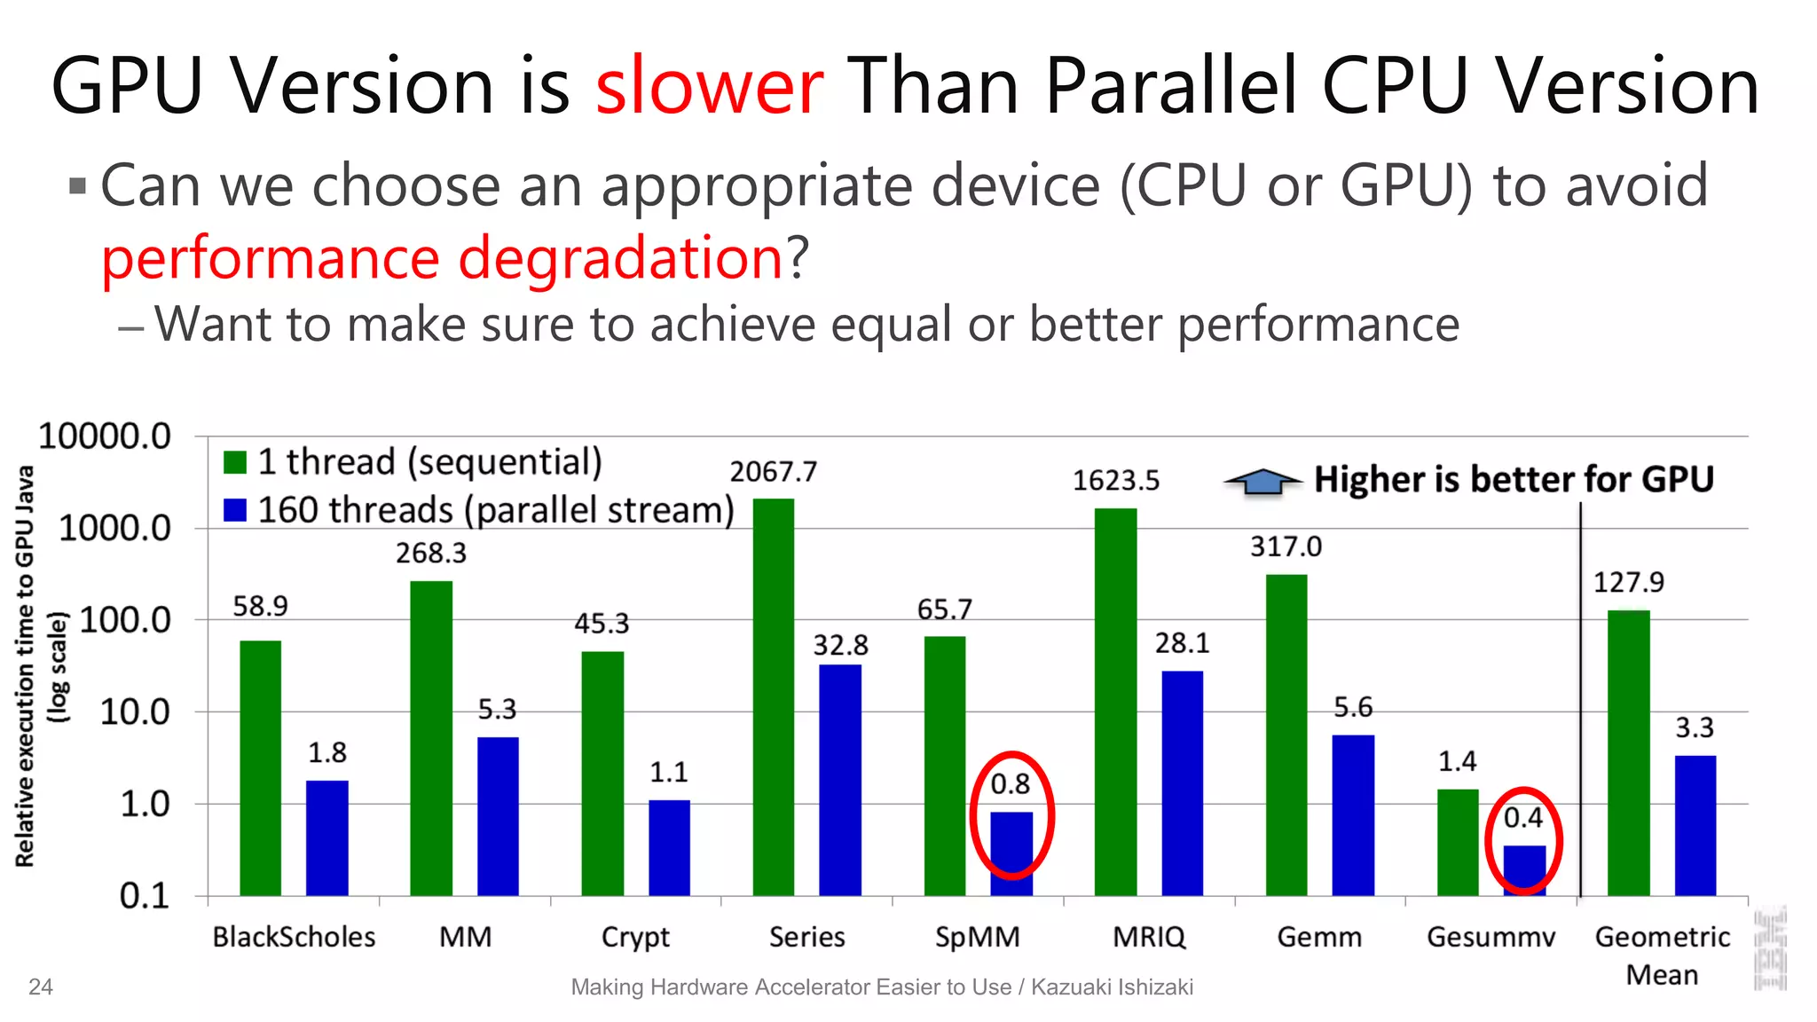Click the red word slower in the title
pos(710,87)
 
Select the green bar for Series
pos(773,696)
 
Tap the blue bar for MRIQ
pos(1182,782)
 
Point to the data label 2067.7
pos(773,472)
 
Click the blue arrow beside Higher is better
pos(1262,481)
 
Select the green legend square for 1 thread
pos(235,462)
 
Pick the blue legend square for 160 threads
pos(235,510)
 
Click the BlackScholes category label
pos(294,937)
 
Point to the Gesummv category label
pos(1491,937)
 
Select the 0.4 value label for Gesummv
pos(1523,818)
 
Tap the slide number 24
pos(41,987)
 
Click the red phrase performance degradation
pos(442,258)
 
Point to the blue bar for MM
pos(498,816)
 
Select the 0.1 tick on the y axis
pos(144,896)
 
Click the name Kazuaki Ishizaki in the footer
pos(1112,987)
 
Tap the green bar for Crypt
pos(602,773)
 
